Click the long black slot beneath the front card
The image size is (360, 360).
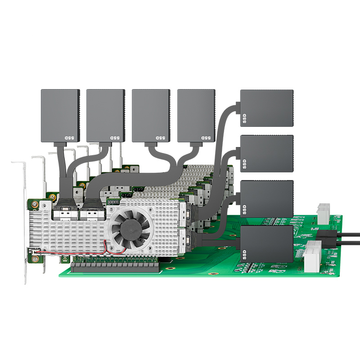[x=115, y=267]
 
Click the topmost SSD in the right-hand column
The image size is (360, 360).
[x=267, y=108]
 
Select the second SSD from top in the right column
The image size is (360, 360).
[x=267, y=153]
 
